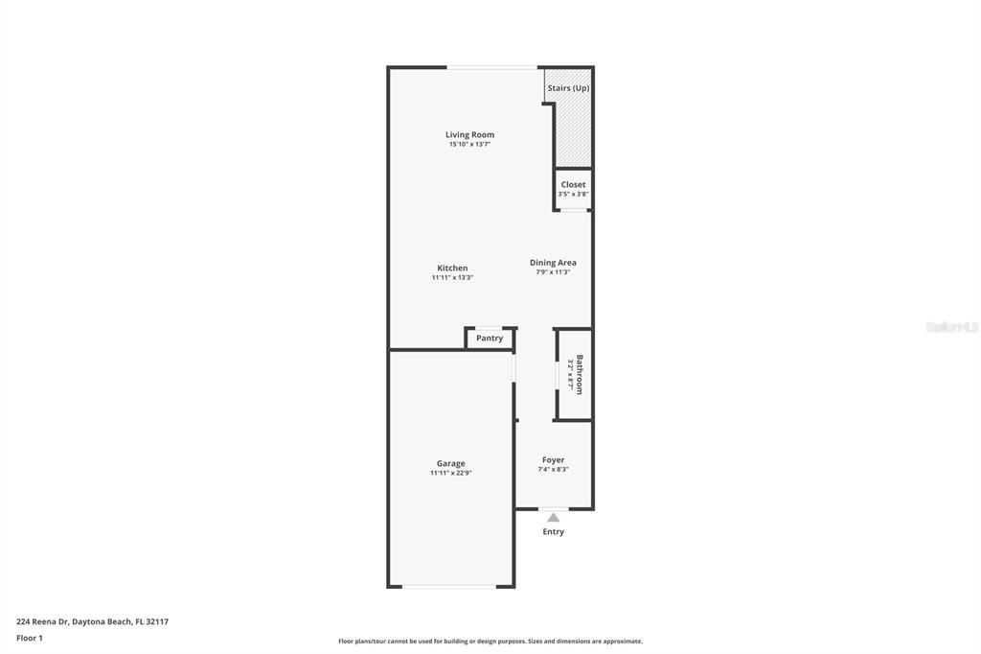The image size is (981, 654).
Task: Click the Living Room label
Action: pyautogui.click(x=469, y=135)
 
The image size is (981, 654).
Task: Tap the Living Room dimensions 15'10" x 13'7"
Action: pyautogui.click(x=469, y=145)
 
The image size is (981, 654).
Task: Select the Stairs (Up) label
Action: pyautogui.click(x=568, y=88)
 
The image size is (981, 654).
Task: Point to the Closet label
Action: pyautogui.click(x=573, y=184)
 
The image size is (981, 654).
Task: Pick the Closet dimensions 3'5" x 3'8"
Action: pyautogui.click(x=573, y=194)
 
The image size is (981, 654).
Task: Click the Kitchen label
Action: pyautogui.click(x=452, y=269)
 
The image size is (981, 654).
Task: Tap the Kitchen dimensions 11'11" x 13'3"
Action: pyautogui.click(x=452, y=278)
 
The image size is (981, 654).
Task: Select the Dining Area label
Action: pyautogui.click(x=553, y=263)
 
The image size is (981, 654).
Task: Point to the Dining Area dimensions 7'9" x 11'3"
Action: pyautogui.click(x=553, y=272)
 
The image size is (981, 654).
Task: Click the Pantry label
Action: pyautogui.click(x=490, y=339)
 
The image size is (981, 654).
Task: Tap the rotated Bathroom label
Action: pyautogui.click(x=579, y=375)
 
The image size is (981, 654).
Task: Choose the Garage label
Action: pyautogui.click(x=450, y=463)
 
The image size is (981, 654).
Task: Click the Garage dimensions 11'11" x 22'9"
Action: pyautogui.click(x=450, y=473)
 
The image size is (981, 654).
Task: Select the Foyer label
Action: pyautogui.click(x=553, y=460)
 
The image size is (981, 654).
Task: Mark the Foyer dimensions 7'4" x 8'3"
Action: pyautogui.click(x=553, y=470)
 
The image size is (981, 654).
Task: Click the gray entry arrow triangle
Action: pyautogui.click(x=553, y=517)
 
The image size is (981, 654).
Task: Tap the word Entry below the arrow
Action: pyautogui.click(x=553, y=531)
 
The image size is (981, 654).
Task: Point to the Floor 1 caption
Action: pyautogui.click(x=30, y=638)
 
